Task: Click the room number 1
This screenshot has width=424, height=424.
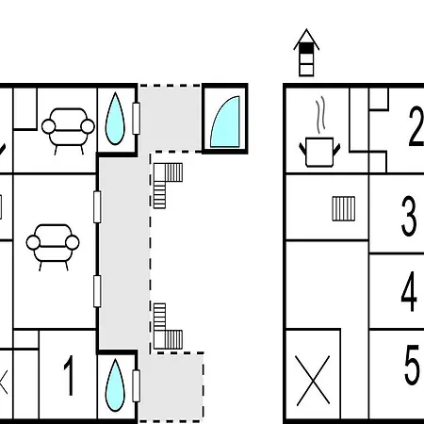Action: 69,375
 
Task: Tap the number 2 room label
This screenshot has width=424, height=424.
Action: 416,126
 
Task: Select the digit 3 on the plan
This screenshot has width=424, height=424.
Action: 409,216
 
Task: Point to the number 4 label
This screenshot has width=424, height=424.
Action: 409,291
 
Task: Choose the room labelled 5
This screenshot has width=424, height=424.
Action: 412,365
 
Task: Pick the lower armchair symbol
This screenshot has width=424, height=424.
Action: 53,247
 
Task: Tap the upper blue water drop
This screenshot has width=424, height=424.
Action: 115,119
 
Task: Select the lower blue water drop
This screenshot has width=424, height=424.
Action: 115,385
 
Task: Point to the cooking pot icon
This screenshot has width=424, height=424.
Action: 319,152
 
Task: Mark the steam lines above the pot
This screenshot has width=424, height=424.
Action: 320,115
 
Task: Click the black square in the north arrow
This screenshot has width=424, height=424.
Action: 306,49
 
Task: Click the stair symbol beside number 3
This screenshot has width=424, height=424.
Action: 344,208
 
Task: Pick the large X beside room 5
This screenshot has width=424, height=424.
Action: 313,381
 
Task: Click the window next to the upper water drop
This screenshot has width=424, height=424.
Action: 136,119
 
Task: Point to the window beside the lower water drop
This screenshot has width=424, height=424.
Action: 136,385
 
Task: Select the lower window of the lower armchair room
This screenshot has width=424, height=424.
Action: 97,291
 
